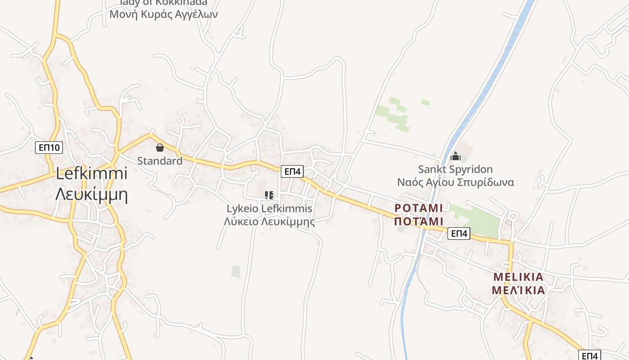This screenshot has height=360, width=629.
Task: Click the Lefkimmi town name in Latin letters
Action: (x=92, y=174)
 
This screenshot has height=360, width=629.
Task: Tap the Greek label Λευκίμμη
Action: (x=92, y=194)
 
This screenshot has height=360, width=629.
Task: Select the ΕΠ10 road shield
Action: (x=49, y=147)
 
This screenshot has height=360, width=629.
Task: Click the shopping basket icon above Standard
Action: (x=159, y=148)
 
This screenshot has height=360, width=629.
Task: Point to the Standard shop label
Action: (x=159, y=161)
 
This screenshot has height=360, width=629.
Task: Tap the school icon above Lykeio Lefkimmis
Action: (x=269, y=195)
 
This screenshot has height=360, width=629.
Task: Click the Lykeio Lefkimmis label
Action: (x=269, y=209)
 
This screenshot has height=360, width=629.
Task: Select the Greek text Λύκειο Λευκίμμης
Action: (x=269, y=221)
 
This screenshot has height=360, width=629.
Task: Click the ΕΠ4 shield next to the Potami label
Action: (x=459, y=233)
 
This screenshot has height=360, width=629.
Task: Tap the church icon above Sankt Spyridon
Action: (x=456, y=156)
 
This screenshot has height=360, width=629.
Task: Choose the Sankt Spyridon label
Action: (x=455, y=169)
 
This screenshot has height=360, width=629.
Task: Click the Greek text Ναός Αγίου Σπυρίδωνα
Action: (x=455, y=182)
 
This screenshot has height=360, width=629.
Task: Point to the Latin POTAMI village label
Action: (x=418, y=208)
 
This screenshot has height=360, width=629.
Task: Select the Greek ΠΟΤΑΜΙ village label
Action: (x=418, y=221)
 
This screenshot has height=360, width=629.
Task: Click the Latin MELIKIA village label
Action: (x=518, y=276)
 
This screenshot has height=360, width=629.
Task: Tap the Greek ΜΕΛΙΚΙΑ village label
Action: (x=518, y=290)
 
